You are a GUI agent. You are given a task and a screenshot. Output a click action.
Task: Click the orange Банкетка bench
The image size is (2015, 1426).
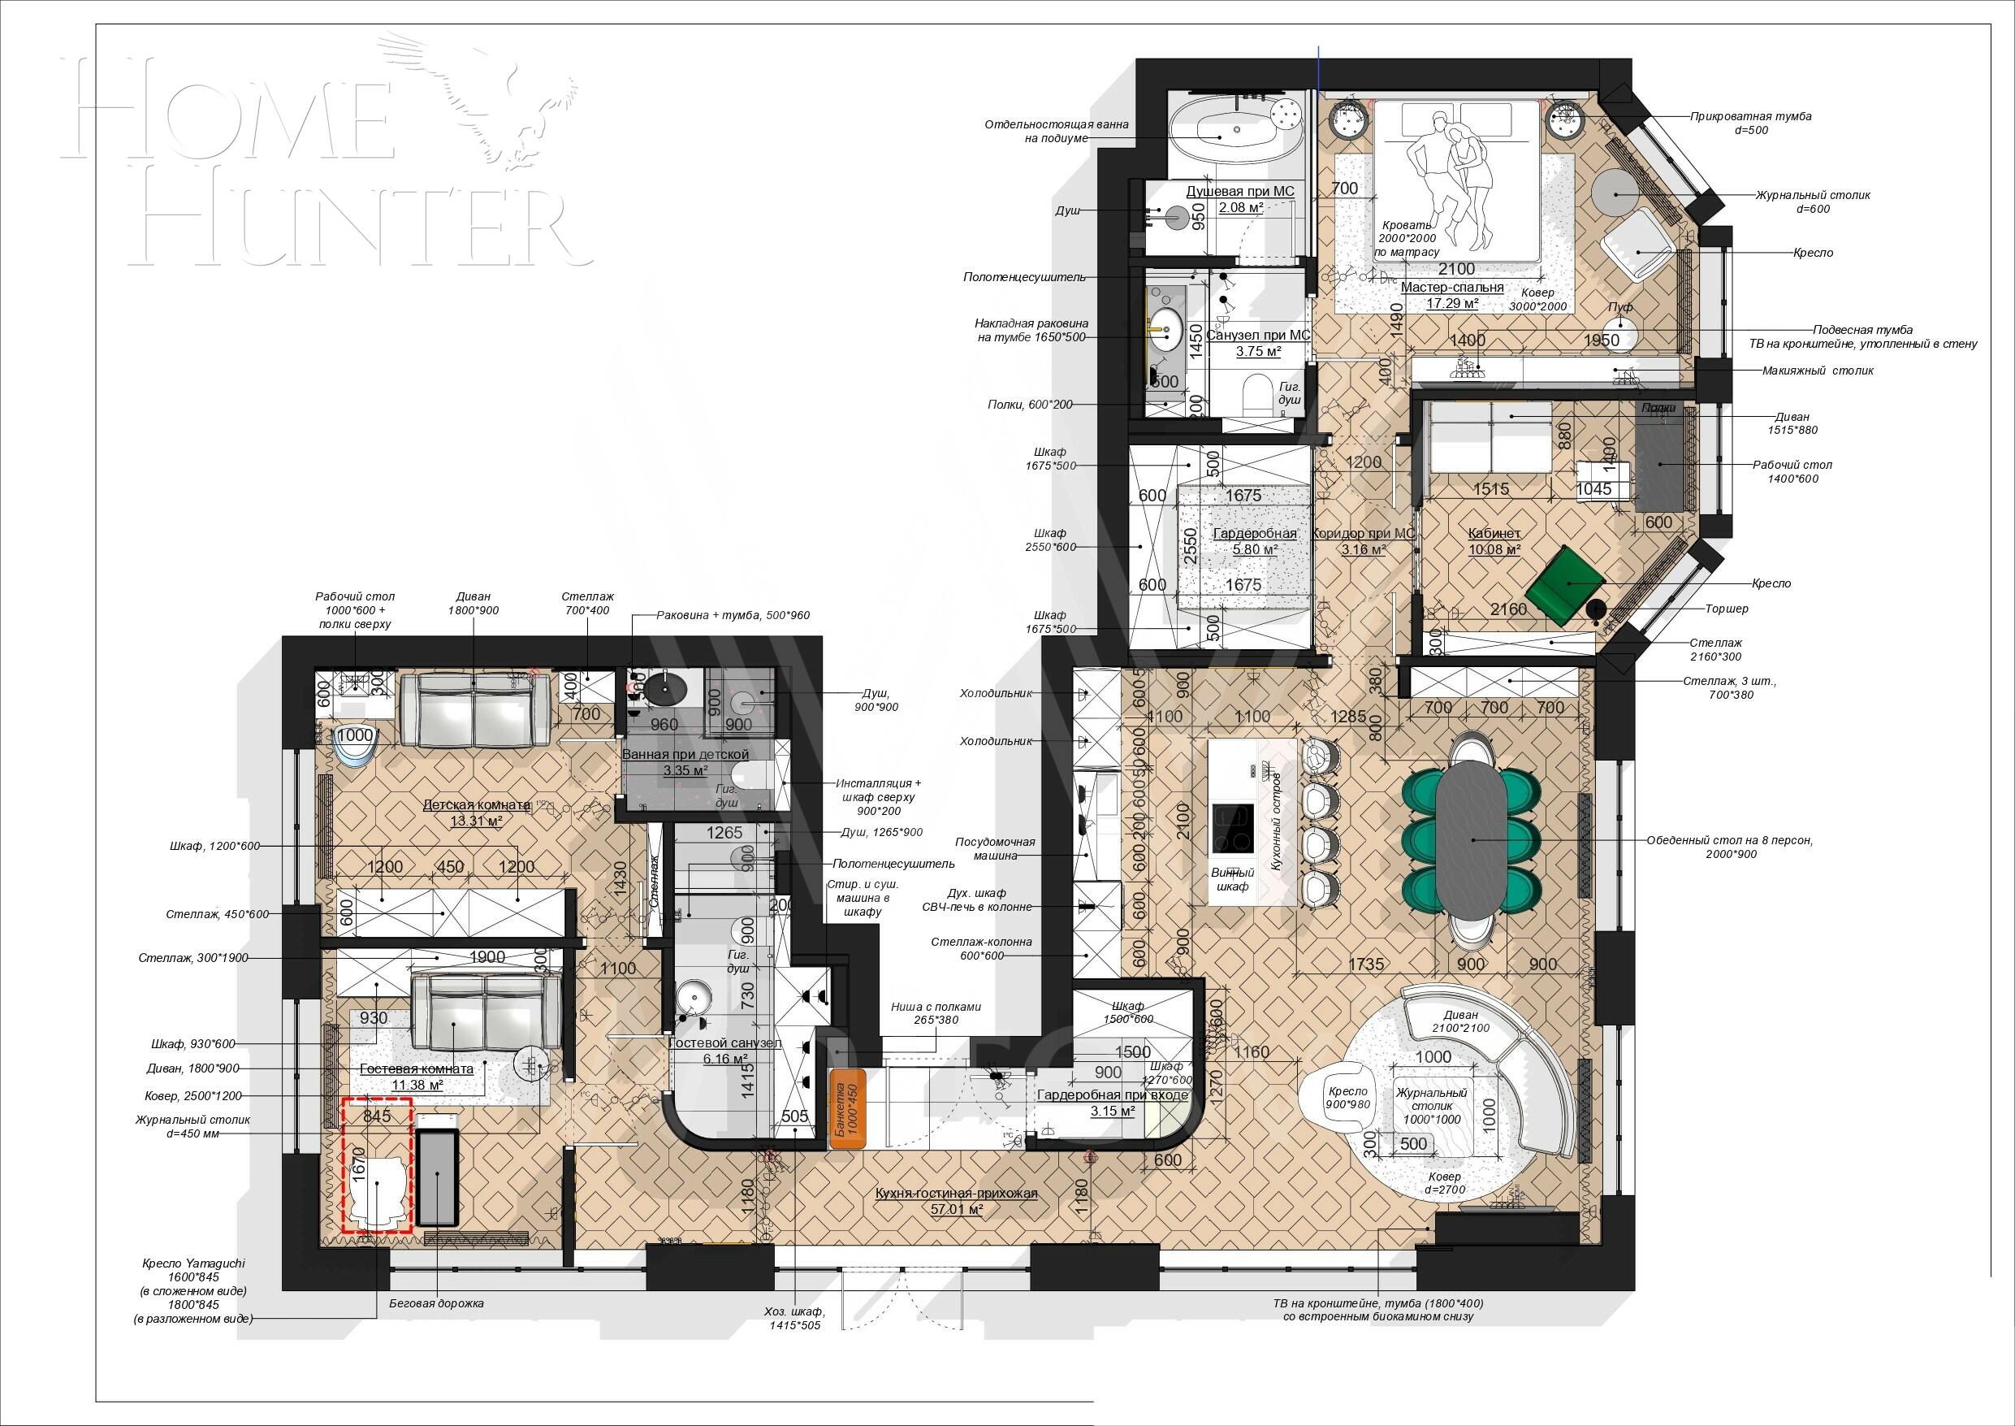(848, 1108)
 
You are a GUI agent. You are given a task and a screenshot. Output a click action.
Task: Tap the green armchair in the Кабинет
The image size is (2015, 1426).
(1566, 584)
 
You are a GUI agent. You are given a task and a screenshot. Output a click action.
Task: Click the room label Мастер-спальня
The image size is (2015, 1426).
(1451, 287)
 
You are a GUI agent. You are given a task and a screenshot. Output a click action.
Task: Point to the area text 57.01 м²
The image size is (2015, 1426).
(956, 1209)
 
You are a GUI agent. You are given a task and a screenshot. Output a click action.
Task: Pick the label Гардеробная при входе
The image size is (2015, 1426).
(1112, 1095)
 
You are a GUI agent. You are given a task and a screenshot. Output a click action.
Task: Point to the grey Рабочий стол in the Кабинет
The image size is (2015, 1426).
(1663, 461)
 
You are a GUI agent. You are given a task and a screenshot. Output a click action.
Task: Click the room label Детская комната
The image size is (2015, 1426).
(476, 805)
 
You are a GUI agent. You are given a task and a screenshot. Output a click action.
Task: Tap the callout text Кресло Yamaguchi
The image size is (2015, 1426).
(193, 1263)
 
